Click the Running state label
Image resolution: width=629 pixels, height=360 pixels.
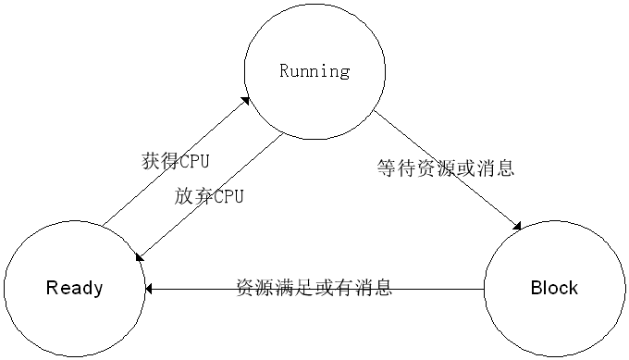coord(314,70)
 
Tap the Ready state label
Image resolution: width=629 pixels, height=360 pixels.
coord(75,288)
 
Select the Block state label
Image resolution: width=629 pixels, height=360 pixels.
coord(554,288)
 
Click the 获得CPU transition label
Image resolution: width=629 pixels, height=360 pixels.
coord(176,161)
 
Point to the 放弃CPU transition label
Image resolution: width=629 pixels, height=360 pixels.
coord(209,197)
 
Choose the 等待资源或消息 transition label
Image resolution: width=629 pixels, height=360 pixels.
coord(446,168)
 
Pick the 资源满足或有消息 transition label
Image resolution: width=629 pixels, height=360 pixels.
coord(314,287)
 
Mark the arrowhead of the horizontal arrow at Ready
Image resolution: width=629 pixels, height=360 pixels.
coord(151,289)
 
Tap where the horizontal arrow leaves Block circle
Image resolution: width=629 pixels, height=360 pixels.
coord(483,289)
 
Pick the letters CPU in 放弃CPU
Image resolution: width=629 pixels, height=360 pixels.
coord(227,197)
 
